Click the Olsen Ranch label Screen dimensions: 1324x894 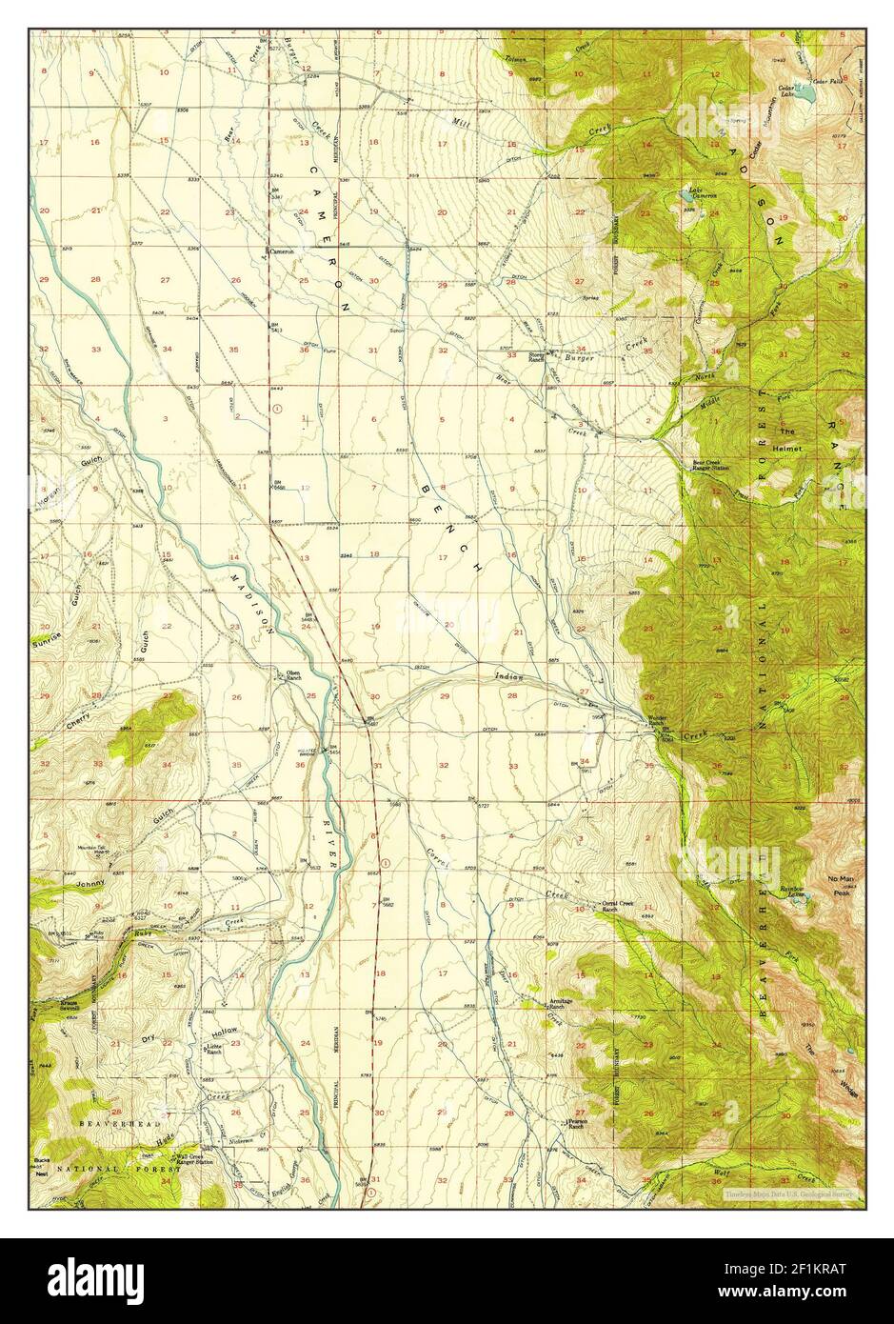click(x=288, y=676)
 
